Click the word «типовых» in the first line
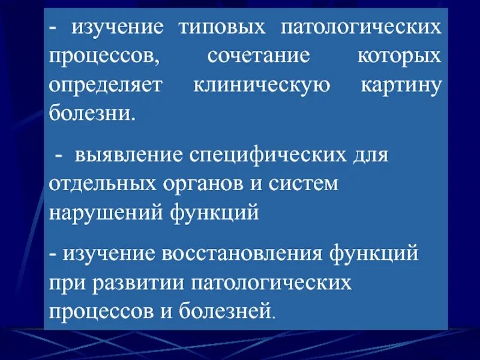coord(221,28)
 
